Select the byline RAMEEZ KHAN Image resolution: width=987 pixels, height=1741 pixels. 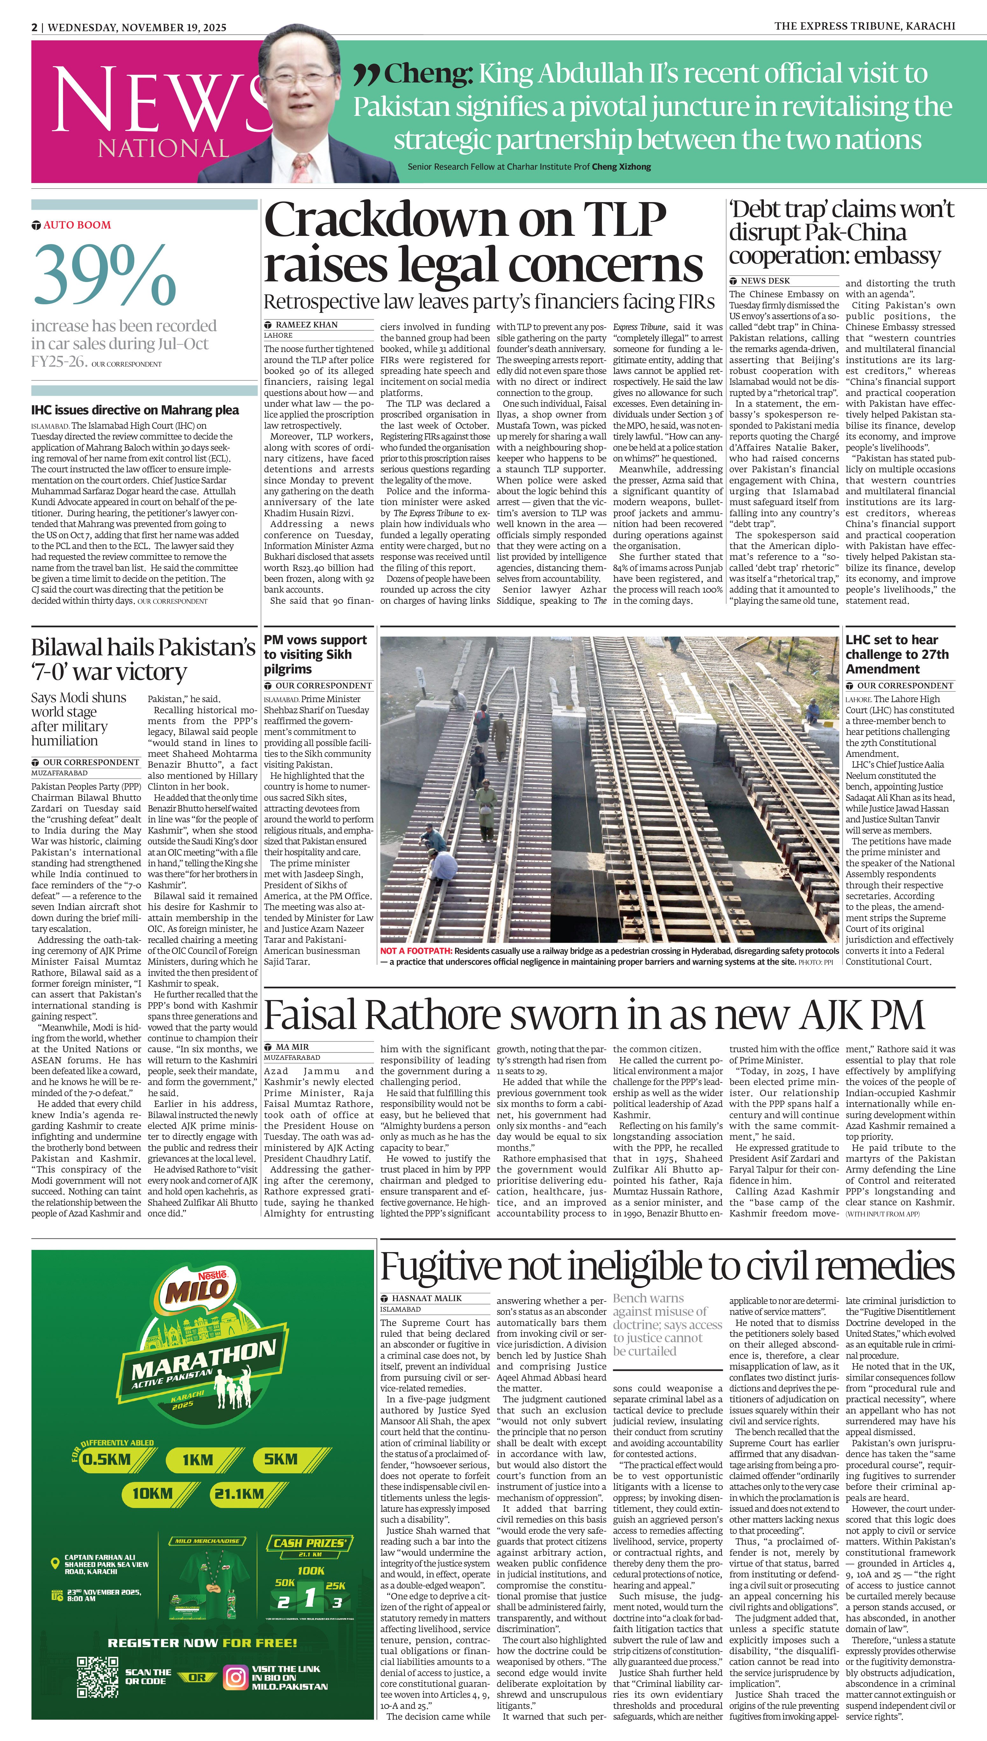(307, 325)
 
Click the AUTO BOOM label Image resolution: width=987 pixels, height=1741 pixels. (77, 225)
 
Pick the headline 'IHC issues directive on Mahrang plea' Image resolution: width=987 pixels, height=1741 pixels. (135, 410)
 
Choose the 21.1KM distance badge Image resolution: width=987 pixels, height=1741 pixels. (239, 1493)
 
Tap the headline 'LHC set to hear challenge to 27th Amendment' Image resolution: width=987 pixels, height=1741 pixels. (896, 654)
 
